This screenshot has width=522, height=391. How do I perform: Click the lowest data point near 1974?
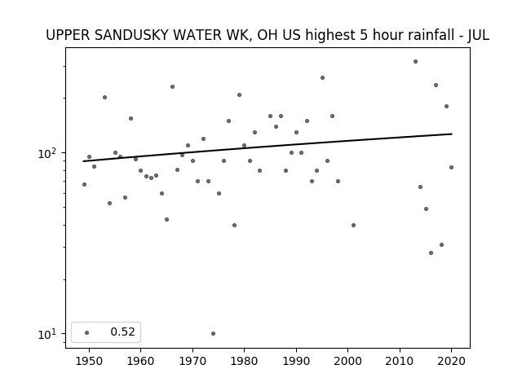click(x=213, y=333)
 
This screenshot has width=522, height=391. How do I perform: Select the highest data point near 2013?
click(x=415, y=62)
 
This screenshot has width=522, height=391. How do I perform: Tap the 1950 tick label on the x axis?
click(x=89, y=361)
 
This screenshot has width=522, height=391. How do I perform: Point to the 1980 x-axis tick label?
click(x=244, y=361)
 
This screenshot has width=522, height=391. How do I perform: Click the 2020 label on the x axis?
click(x=451, y=361)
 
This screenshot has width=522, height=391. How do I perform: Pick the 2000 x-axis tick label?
click(x=347, y=361)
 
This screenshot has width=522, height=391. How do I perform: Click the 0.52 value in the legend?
click(x=122, y=332)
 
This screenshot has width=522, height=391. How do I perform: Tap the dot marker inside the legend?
click(x=87, y=332)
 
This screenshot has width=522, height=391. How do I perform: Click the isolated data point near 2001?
click(x=353, y=225)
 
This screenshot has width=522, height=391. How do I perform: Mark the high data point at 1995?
click(x=323, y=78)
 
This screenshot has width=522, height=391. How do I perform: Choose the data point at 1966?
click(x=172, y=87)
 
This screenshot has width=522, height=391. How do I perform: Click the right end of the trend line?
click(x=452, y=134)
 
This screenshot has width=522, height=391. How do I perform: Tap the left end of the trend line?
click(x=83, y=161)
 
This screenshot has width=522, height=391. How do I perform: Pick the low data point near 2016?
click(x=431, y=253)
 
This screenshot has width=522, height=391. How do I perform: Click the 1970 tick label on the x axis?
click(x=192, y=361)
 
